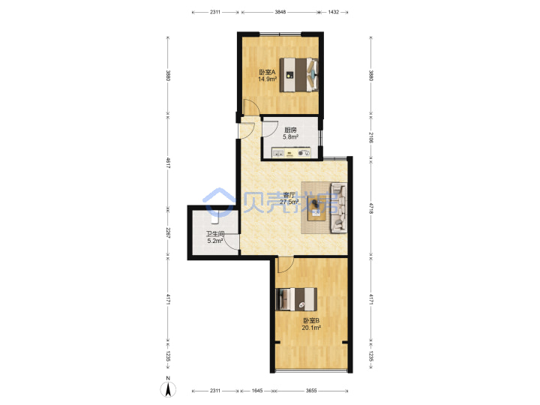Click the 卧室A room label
(267, 72)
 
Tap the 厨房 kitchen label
(290, 130)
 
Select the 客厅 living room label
(289, 194)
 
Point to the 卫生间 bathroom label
(215, 234)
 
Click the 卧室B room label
(311, 321)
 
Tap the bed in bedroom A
(298, 75)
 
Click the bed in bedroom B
(296, 298)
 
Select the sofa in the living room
(338, 208)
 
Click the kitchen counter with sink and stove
(291, 152)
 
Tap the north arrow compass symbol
(168, 388)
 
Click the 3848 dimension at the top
(280, 12)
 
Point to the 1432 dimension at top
(333, 12)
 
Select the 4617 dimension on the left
(168, 163)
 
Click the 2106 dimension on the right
(371, 137)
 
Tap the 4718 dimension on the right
(371, 208)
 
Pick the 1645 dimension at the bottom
(257, 391)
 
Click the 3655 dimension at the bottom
(311, 391)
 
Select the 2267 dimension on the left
(168, 232)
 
